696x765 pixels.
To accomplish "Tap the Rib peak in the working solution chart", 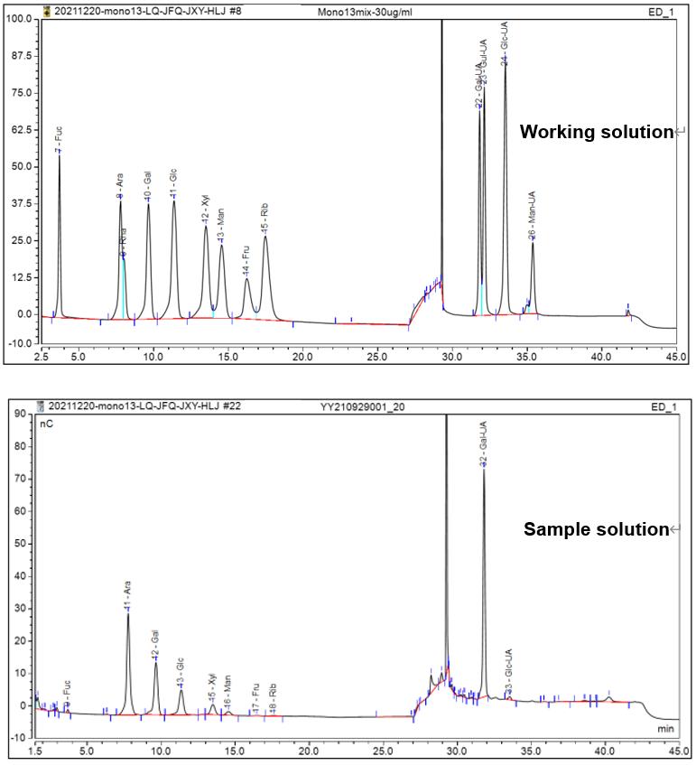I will [x=265, y=238].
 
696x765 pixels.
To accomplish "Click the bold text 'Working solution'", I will [x=596, y=132].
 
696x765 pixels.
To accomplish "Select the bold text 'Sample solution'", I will [x=595, y=529].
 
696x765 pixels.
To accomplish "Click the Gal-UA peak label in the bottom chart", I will [x=484, y=448].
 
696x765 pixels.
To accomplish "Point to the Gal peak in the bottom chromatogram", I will [x=156, y=664].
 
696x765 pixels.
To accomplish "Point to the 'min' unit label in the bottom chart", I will [x=664, y=727].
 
